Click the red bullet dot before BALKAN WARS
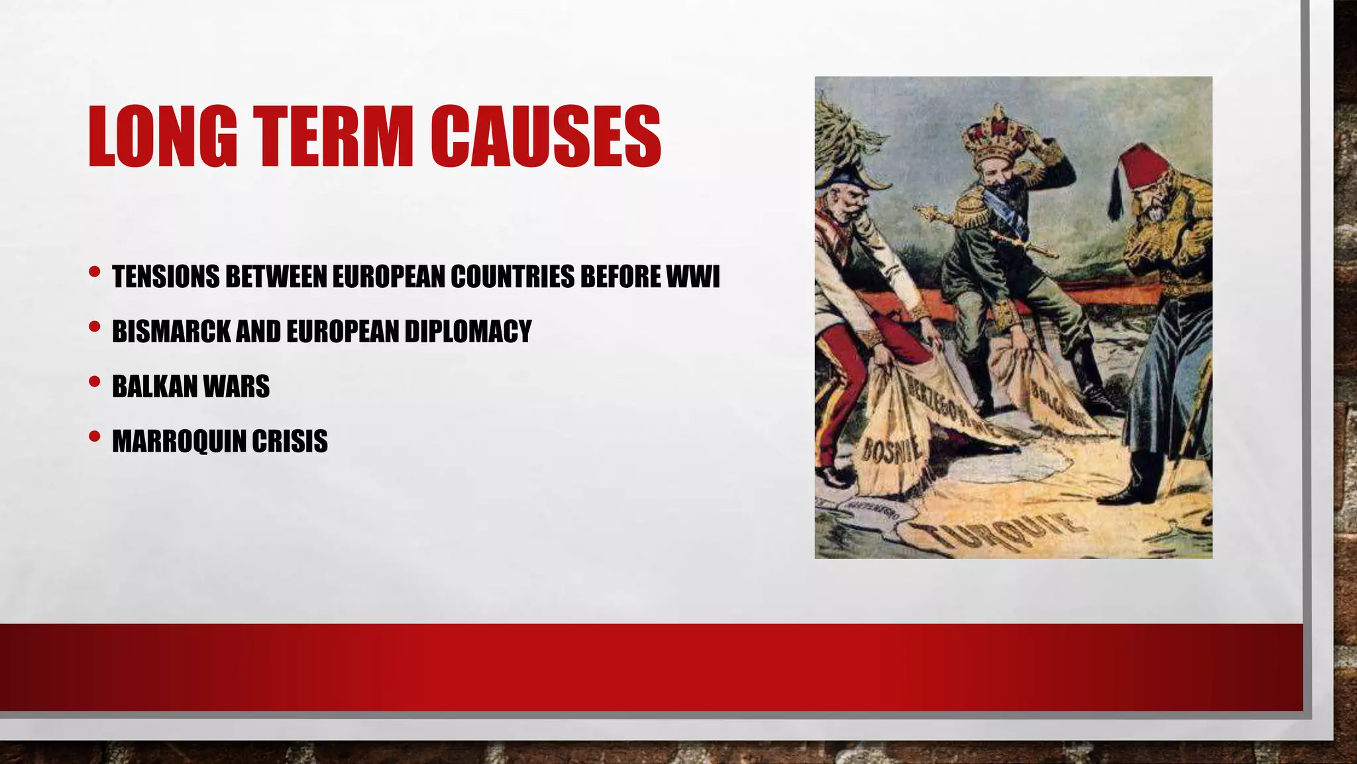[94, 382]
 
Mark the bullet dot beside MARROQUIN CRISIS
[94, 437]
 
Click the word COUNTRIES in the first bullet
[512, 277]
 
